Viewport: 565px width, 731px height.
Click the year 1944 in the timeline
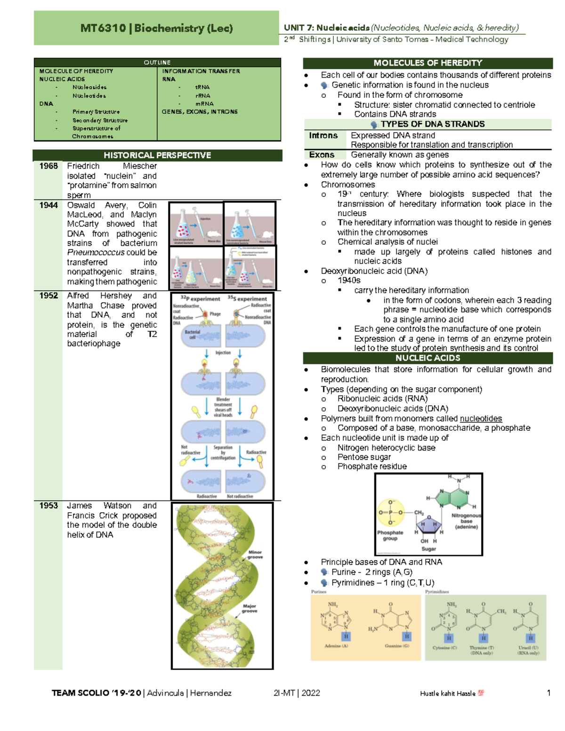point(48,205)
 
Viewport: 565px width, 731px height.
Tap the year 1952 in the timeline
point(48,296)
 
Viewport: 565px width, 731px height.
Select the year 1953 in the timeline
point(48,506)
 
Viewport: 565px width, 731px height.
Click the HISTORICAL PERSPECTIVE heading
point(157,155)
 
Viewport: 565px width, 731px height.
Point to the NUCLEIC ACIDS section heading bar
point(428,358)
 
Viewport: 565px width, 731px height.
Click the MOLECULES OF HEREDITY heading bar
point(428,63)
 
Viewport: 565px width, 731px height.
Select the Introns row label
point(323,136)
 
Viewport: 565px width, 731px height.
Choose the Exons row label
point(322,155)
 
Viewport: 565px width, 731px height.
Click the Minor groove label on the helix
point(255,554)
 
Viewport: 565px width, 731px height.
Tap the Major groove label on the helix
point(250,609)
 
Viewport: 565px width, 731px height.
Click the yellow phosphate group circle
point(391,513)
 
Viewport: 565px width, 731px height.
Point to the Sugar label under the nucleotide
point(428,549)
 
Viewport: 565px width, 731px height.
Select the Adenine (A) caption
point(336,646)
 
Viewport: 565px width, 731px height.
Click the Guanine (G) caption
point(397,646)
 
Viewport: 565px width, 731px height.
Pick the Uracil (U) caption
point(528,648)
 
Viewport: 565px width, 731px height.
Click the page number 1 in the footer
point(549,693)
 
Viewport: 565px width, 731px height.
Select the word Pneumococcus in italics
point(96,253)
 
